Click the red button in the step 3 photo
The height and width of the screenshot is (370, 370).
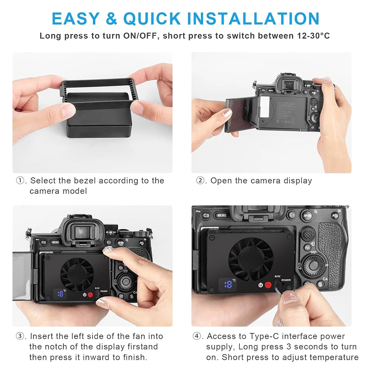(x=90, y=295)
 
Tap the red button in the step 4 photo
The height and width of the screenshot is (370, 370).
(x=268, y=285)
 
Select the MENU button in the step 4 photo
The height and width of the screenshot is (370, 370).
(x=222, y=215)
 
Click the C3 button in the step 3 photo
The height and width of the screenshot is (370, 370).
(x=43, y=243)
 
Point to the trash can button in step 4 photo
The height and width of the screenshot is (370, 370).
(x=320, y=284)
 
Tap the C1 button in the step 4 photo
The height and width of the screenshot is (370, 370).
(x=292, y=215)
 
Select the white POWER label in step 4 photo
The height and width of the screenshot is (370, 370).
(x=285, y=280)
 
